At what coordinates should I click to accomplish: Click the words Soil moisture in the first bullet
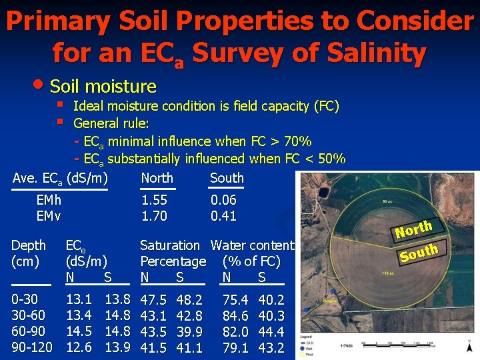pos(103,87)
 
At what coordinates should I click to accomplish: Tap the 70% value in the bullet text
pos(297,141)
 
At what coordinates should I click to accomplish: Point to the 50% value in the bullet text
pos(331,159)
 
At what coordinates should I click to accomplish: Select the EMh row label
pos(49,200)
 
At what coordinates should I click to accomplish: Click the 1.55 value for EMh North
pos(154,200)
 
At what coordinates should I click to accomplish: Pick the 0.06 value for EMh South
pos(223,200)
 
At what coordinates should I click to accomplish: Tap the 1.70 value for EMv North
pos(154,216)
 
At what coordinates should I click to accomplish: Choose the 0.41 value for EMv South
pos(223,216)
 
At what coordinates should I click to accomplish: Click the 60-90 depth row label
pos(27,331)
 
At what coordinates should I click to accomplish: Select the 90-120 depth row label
pos(31,347)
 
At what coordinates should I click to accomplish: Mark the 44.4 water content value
pos(271,331)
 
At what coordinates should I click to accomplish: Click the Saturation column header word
pos(169,245)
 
